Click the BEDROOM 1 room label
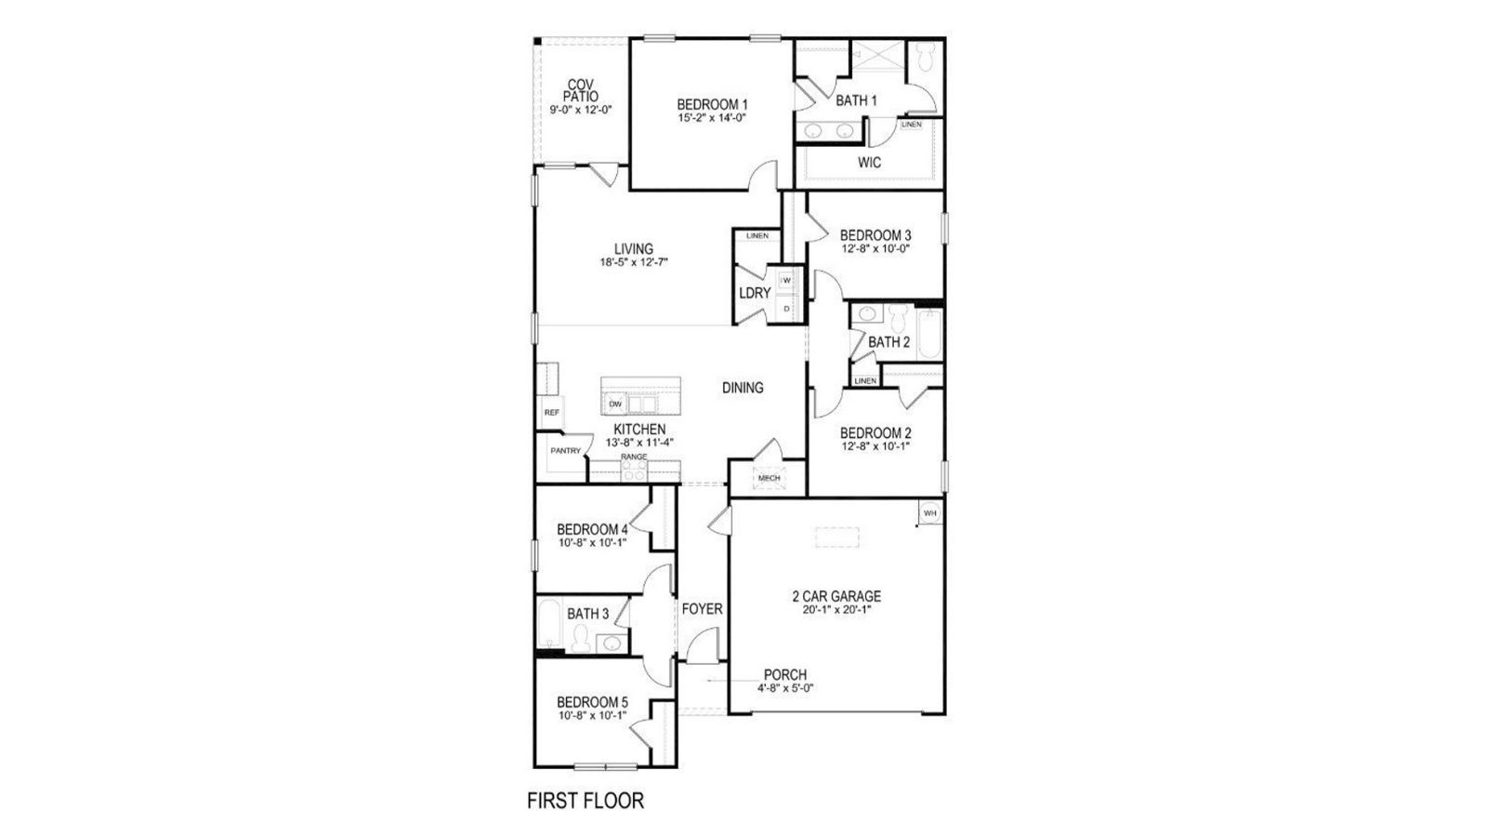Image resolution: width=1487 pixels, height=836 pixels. point(712,104)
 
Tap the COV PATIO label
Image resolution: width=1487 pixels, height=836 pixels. point(581,90)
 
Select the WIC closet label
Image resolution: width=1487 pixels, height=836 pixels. point(869,163)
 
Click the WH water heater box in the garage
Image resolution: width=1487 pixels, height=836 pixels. point(929,512)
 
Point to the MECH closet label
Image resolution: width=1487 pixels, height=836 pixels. point(769,478)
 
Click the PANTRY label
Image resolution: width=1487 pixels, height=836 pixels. point(565,451)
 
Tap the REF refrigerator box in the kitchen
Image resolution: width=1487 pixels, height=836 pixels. point(551,412)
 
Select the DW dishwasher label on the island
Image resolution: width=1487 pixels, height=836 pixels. point(614,405)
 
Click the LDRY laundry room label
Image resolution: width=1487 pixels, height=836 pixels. point(755,293)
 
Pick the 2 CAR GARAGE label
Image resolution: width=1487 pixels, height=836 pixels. point(836,596)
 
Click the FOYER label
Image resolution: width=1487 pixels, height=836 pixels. point(702,609)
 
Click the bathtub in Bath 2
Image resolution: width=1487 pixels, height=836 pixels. point(928,335)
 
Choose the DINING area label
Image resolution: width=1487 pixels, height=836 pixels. point(743,388)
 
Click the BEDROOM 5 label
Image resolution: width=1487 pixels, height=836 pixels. point(592,702)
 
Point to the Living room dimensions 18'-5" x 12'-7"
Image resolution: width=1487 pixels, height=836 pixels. point(634,262)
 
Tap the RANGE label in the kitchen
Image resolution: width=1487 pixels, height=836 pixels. point(634,457)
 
